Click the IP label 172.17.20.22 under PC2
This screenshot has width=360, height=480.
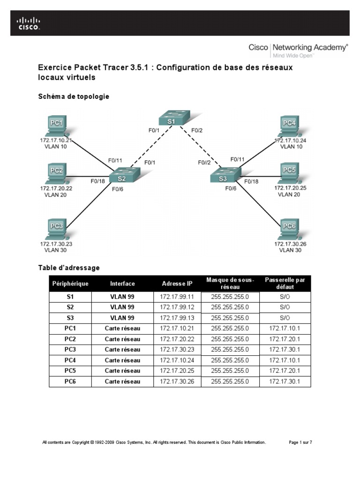tap(56, 188)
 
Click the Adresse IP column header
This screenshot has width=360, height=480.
tap(177, 284)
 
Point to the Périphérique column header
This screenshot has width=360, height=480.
tap(70, 284)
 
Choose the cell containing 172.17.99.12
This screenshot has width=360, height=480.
tap(177, 307)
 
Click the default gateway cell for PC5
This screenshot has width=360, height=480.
tap(285, 371)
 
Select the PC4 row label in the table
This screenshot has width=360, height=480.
tap(70, 360)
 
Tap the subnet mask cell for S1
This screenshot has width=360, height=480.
tap(230, 297)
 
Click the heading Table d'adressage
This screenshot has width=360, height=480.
tap(69, 268)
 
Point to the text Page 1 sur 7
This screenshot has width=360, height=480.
tap(300, 442)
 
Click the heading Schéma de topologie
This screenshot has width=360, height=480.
tap(74, 97)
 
